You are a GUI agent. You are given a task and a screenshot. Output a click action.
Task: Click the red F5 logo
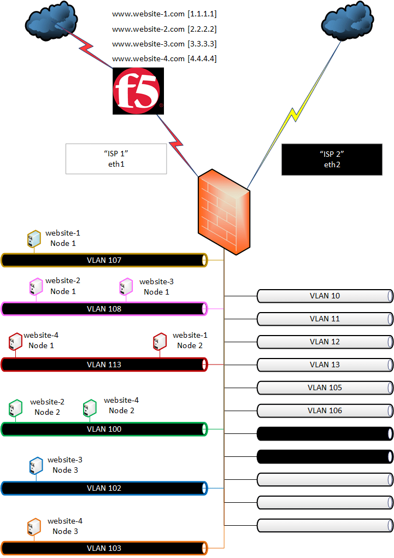tap(138, 91)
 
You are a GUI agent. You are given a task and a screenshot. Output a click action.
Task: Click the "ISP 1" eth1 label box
tap(115, 158)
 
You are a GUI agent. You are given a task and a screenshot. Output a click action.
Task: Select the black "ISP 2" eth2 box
tap(332, 159)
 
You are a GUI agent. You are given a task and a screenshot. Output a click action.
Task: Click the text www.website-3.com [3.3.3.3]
tap(164, 44)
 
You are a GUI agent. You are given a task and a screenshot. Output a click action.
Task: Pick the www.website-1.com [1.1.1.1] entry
tap(164, 14)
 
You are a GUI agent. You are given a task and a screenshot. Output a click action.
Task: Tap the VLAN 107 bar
tap(104, 260)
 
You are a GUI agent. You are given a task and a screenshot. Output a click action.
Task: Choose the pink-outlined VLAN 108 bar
tap(104, 309)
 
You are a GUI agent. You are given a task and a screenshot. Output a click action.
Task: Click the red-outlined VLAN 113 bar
tap(104, 365)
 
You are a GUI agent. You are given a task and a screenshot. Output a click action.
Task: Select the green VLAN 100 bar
tap(104, 429)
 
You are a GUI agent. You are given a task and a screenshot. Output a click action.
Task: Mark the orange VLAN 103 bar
tap(104, 548)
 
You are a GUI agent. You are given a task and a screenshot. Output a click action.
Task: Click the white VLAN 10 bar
tap(325, 296)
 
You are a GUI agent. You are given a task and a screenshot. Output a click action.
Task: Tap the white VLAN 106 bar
tap(325, 410)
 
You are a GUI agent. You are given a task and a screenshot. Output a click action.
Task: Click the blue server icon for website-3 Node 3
tap(36, 466)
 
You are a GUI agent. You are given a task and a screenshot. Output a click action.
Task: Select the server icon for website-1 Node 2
tap(160, 342)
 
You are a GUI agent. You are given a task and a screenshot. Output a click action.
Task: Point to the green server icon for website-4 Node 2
tap(90, 408)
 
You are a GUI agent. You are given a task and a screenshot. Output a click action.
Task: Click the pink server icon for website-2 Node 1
tap(36, 286)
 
